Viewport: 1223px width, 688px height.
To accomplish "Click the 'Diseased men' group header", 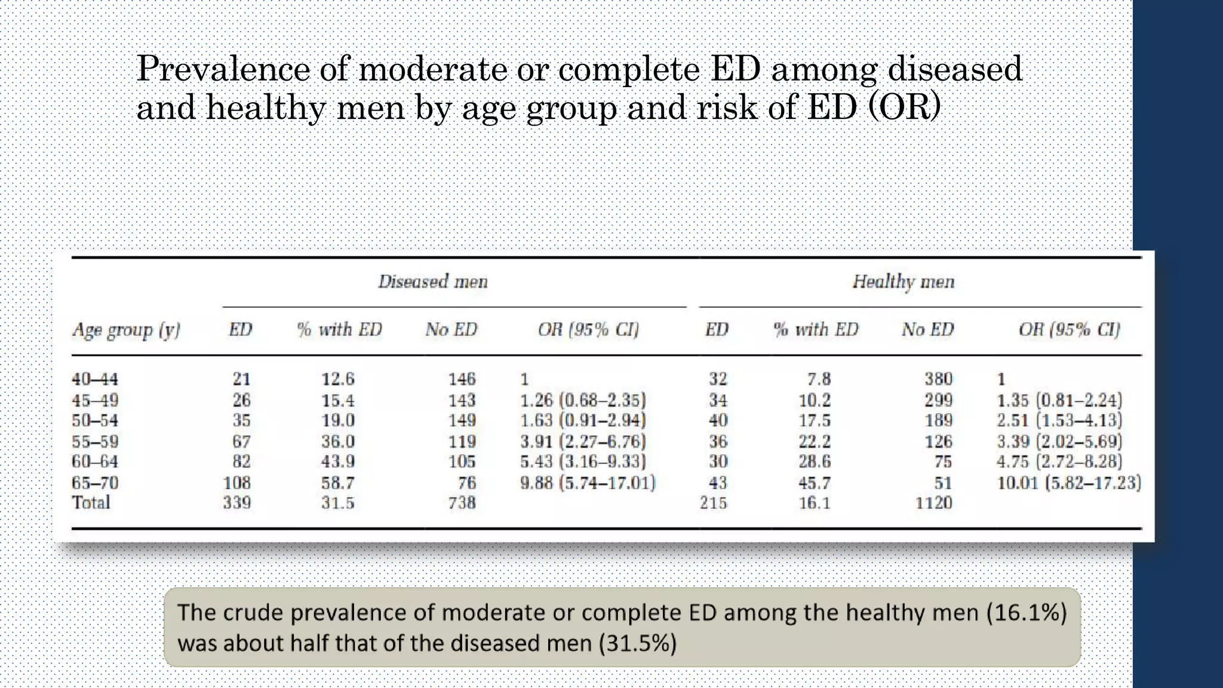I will (433, 281).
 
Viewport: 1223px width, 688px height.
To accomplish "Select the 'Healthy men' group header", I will (903, 281).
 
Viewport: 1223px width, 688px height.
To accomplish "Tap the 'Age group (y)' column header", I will (126, 330).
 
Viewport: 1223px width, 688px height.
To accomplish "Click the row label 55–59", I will (95, 441).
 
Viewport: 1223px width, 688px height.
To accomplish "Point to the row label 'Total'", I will (91, 502).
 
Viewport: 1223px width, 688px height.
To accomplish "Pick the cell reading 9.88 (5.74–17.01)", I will (588, 483).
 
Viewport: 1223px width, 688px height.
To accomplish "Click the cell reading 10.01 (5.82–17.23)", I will (1069, 483).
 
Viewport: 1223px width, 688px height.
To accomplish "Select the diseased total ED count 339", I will (237, 502).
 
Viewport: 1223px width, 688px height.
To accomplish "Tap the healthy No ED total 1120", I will (933, 502).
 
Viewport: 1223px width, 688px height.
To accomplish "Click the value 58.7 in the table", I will (338, 483).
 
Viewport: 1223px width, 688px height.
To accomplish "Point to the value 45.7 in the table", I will (815, 483).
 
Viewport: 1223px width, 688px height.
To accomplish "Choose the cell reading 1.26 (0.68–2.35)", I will (583, 400).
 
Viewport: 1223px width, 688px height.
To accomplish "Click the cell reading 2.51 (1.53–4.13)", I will (1059, 420).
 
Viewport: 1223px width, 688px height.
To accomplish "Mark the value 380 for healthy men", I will (938, 379).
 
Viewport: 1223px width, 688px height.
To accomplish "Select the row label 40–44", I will (95, 379).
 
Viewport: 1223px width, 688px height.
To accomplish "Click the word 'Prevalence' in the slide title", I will (223, 69).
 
